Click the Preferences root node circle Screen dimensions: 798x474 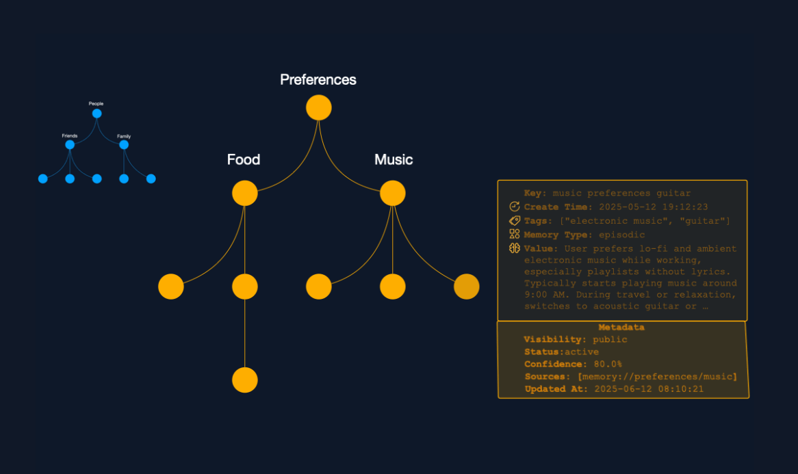[x=318, y=108]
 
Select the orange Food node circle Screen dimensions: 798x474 [x=244, y=193]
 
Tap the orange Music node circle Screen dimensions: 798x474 [x=392, y=193]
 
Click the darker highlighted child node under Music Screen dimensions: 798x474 [x=466, y=287]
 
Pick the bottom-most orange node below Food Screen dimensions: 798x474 [x=244, y=380]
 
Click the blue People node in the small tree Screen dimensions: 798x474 [x=96, y=114]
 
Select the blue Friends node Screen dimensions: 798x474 [x=70, y=145]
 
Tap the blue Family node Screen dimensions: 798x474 [x=124, y=145]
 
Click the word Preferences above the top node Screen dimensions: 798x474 [x=318, y=80]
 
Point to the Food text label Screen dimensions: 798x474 [x=244, y=160]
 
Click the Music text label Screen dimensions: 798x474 [x=394, y=160]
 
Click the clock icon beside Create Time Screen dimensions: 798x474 [x=515, y=207]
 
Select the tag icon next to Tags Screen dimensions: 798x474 [x=515, y=220]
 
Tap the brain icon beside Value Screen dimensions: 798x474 [x=515, y=248]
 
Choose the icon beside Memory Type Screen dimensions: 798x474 [x=515, y=235]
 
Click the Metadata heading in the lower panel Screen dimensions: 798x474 [x=621, y=328]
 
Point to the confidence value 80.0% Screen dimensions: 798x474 [x=608, y=365]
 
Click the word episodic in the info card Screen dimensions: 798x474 [x=621, y=235]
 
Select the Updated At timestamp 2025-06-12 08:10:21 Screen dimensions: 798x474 [x=649, y=389]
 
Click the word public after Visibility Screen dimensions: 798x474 [x=610, y=340]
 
